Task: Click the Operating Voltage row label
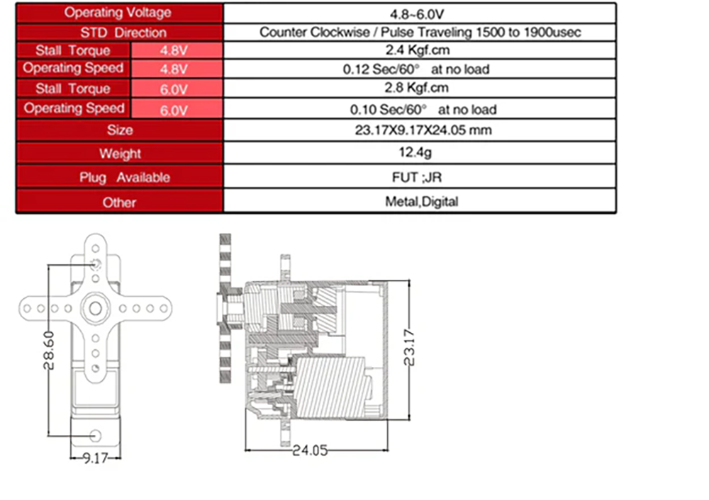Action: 118,13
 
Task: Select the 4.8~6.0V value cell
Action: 417,14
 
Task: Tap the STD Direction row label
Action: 123,33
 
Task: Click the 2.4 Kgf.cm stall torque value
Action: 418,50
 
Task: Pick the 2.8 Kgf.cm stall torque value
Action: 416,88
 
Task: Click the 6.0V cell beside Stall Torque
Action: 174,89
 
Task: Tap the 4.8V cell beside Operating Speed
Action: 174,69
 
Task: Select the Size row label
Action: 120,130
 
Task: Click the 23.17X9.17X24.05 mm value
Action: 423,130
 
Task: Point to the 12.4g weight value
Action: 415,153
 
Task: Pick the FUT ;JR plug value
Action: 417,178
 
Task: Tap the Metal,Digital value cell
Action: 421,201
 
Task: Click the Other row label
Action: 119,203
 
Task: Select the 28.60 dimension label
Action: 49,351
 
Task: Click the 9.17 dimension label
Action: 96,458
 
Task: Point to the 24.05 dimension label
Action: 310,450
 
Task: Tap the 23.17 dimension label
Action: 409,347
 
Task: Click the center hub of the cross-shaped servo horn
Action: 96,309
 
